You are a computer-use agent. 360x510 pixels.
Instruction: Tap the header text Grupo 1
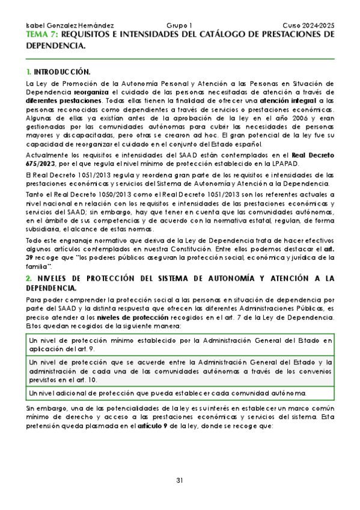point(179,26)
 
